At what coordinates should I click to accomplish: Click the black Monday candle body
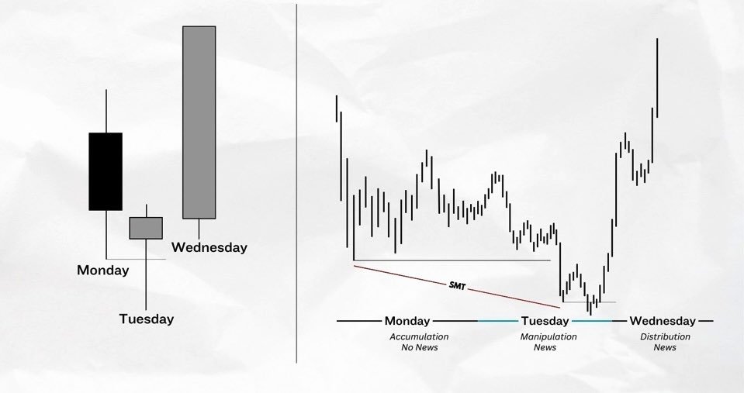[106, 171]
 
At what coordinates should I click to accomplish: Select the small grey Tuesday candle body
[146, 228]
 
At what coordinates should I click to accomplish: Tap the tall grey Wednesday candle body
[199, 122]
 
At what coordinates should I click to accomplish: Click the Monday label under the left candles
[102, 271]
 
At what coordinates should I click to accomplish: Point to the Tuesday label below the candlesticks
[146, 319]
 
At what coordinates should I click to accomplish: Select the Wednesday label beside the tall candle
[209, 248]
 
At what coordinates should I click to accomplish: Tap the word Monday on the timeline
[407, 320]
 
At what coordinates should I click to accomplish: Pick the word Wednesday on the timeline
[663, 320]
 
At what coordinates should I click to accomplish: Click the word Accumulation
[419, 336]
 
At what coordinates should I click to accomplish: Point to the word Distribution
[665, 336]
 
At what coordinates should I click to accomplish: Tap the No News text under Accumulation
[419, 347]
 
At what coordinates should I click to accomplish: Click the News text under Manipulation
[545, 347]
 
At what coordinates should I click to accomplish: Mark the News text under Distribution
[665, 347]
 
